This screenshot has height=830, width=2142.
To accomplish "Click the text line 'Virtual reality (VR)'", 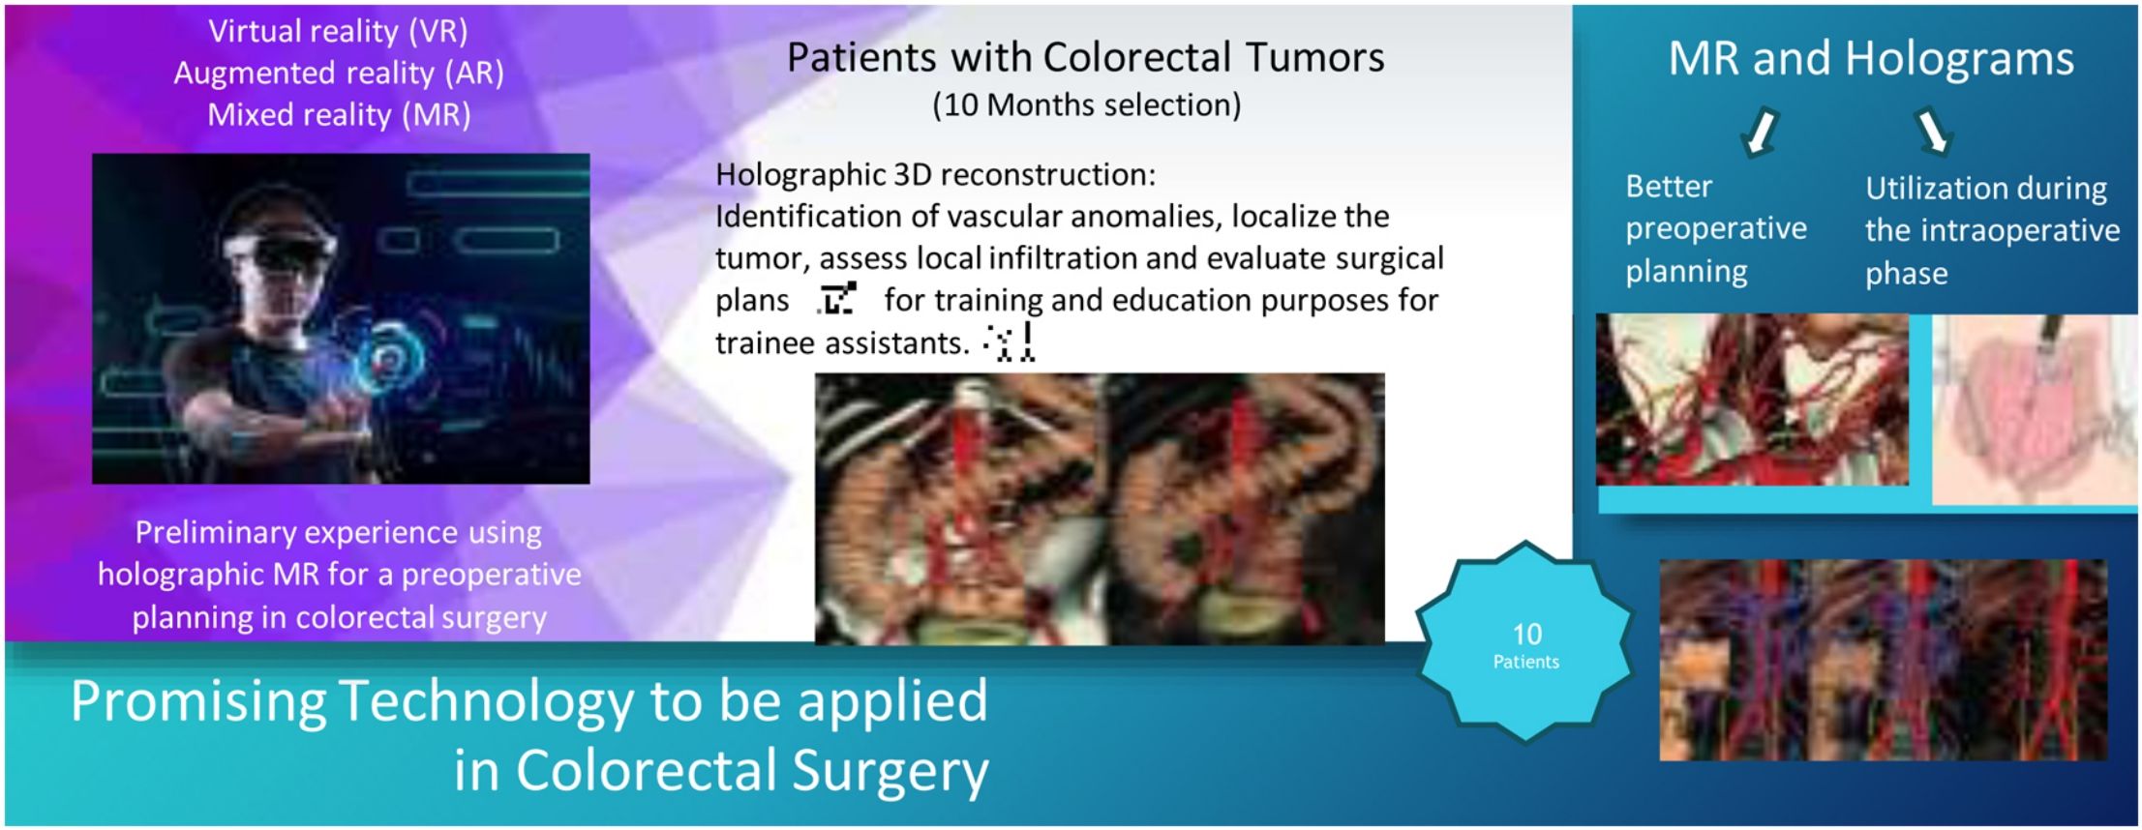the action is click(x=338, y=32).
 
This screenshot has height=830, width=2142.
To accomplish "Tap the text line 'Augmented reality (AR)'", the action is click(x=339, y=74).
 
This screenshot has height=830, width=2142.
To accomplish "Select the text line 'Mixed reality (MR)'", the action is click(x=339, y=115).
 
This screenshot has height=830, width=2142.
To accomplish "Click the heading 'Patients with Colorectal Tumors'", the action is click(x=1085, y=57).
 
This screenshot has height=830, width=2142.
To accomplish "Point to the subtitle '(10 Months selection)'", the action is click(x=1086, y=104).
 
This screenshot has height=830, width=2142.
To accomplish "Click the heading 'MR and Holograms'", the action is click(x=1871, y=58).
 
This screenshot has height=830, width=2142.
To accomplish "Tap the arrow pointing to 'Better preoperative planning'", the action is click(x=1760, y=132).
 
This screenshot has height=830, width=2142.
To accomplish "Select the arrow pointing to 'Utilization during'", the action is click(x=1932, y=132).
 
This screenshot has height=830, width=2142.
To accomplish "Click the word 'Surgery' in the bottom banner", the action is click(x=890, y=771).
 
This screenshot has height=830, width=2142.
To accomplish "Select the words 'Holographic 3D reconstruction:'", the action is click(x=935, y=175).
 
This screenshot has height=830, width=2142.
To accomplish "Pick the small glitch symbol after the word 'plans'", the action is click(x=837, y=298).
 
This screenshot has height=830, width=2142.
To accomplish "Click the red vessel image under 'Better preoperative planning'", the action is click(x=1752, y=400).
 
